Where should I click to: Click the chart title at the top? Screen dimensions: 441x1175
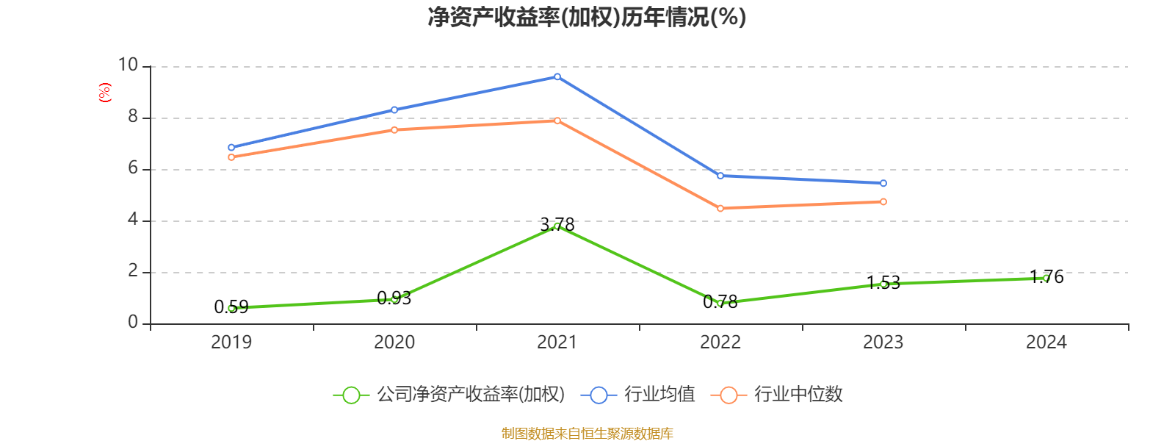587,17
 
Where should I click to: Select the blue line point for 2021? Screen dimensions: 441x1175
557,76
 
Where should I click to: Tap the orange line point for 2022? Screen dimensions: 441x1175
720,209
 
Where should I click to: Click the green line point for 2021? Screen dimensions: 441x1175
557,226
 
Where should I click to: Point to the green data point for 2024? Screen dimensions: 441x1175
1046,278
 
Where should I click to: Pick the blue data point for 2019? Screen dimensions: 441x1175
231,148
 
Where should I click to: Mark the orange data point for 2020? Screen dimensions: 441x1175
394,130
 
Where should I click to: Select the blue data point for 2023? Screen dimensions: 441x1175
883,183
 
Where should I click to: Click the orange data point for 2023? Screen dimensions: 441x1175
883,201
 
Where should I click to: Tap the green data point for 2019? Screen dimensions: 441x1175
231,308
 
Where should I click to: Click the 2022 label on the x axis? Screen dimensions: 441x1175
720,343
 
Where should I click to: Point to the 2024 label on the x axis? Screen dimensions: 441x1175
1046,343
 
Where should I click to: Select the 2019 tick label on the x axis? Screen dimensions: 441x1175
231,343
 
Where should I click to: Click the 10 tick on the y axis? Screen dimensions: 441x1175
128,65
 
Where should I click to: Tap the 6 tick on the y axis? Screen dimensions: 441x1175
133,168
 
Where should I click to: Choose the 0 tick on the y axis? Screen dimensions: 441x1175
133,323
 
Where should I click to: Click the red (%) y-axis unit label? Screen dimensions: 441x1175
105,93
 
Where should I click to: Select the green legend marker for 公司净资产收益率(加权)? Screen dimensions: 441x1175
352,395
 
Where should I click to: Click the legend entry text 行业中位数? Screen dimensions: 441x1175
798,395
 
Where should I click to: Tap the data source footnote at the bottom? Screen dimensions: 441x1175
587,434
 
